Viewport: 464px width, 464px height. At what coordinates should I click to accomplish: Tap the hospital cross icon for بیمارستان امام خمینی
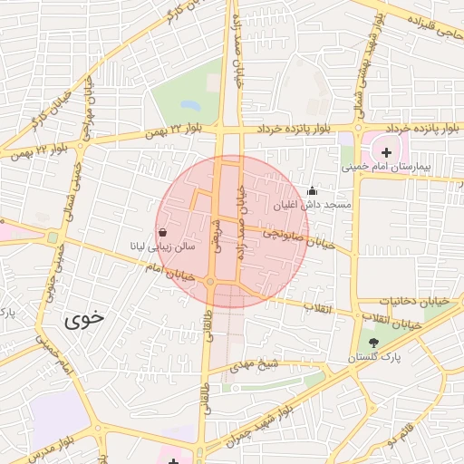coord(387,151)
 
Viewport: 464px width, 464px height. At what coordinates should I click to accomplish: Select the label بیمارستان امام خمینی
coord(388,168)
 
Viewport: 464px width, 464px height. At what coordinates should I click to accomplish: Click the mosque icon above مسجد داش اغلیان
coord(313,190)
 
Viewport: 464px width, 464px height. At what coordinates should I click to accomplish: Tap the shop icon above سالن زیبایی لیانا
coord(161,232)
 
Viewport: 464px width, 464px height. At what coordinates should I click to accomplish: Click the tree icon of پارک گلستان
coord(374,343)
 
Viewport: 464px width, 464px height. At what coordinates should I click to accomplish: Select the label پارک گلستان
coord(374,359)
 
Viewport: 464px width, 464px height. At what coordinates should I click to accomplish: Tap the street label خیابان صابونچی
coord(299,239)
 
